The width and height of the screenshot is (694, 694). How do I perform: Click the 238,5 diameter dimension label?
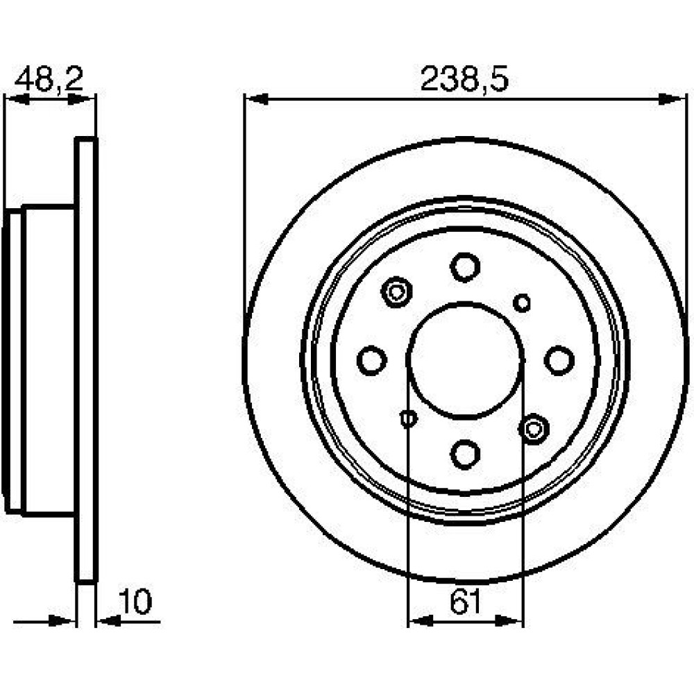(x=464, y=79)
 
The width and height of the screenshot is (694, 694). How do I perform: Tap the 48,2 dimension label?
(x=49, y=79)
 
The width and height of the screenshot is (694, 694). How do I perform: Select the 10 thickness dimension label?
(x=136, y=602)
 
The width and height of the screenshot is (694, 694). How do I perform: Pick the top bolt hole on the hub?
(x=465, y=267)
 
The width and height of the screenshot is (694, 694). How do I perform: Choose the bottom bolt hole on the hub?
(x=465, y=454)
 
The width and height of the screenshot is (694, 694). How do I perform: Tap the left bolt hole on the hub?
(x=372, y=360)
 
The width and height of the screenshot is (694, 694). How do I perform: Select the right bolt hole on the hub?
(x=559, y=360)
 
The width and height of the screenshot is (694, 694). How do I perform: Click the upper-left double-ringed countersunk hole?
(x=396, y=291)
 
